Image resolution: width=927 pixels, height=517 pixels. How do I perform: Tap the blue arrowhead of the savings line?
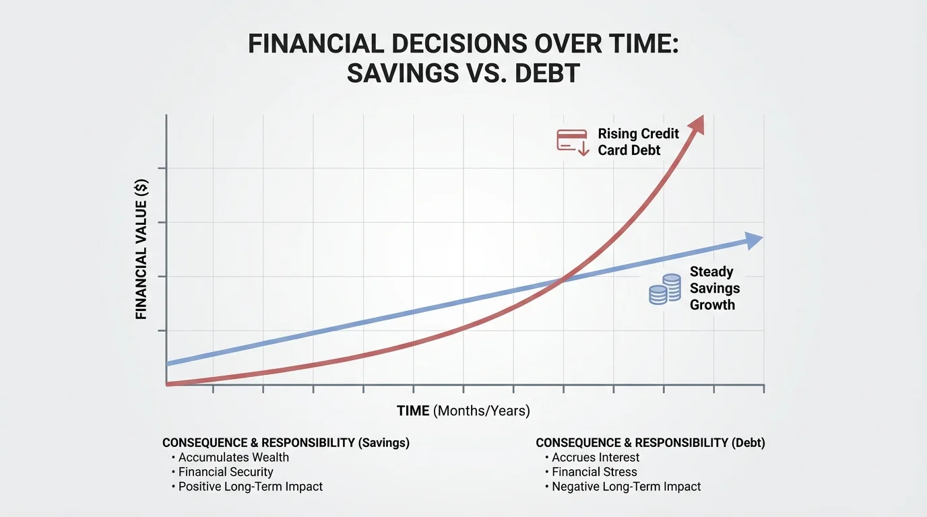(x=754, y=240)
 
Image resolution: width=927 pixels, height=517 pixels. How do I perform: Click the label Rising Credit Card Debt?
(x=638, y=141)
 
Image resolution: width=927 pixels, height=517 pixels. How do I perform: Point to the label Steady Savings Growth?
(x=714, y=288)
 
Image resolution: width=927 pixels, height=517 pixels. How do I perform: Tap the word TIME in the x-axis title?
(x=413, y=411)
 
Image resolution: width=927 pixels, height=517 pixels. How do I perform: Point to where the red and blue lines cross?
(x=563, y=278)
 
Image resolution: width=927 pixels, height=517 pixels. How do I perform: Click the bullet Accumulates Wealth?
(x=233, y=457)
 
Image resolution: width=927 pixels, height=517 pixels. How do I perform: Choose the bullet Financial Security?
(x=226, y=472)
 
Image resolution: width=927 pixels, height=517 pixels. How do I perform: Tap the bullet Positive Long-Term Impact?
(x=250, y=486)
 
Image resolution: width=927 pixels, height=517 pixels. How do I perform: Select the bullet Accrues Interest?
(x=596, y=457)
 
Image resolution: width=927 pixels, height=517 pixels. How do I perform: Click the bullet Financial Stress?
(x=594, y=472)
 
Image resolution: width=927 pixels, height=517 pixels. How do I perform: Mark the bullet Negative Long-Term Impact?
(x=626, y=486)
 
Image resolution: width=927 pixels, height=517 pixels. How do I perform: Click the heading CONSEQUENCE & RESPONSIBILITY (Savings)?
(x=286, y=442)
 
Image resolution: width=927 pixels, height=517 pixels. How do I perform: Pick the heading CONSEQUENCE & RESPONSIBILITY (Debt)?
(x=650, y=442)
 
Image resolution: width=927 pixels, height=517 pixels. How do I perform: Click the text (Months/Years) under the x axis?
(x=482, y=411)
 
